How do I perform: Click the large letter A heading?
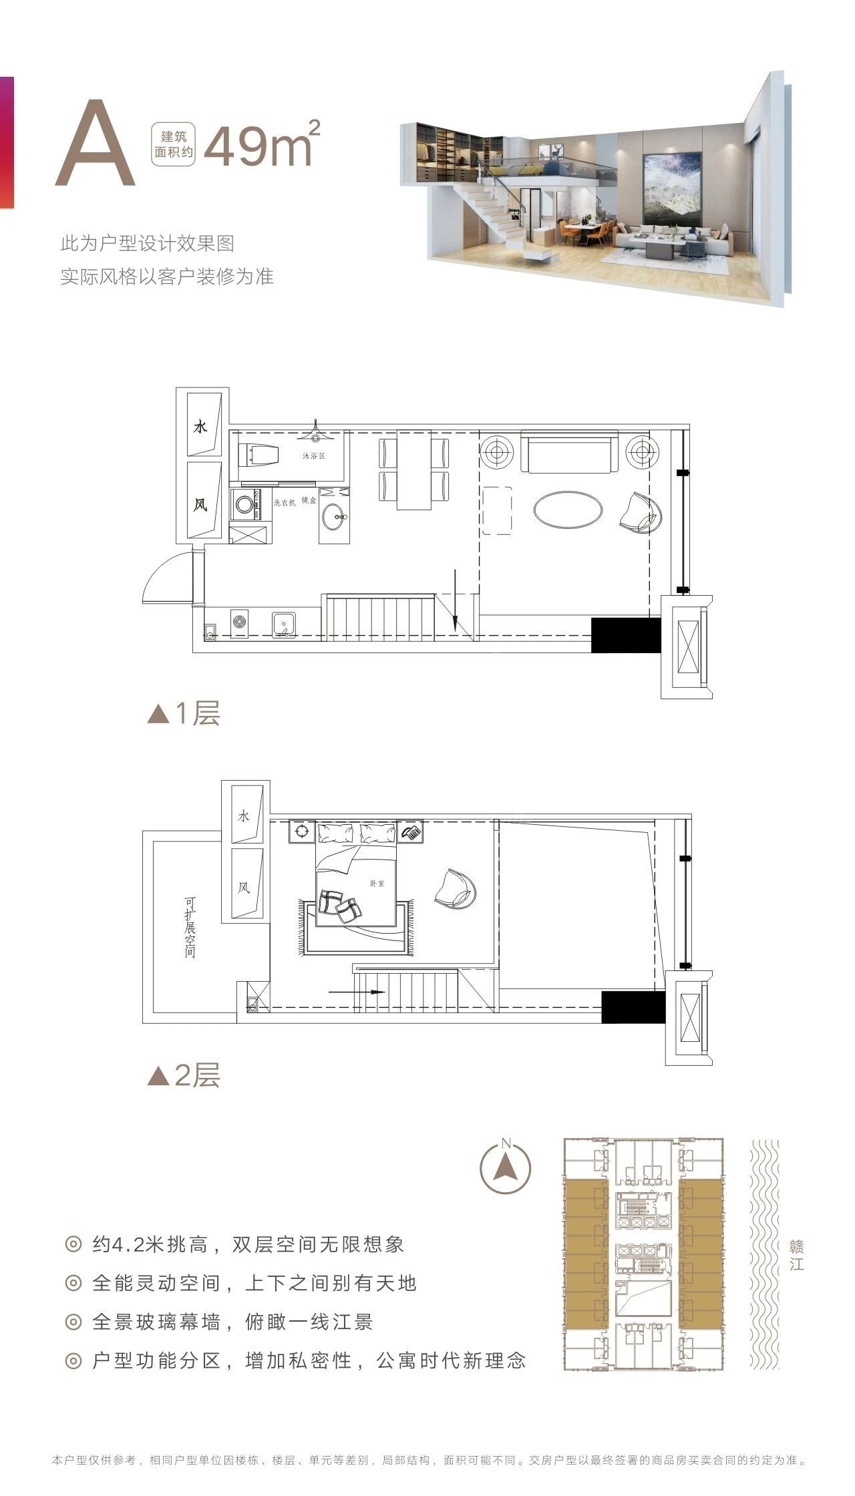click(96, 143)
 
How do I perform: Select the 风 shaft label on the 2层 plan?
click(244, 888)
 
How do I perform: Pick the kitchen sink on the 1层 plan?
click(285, 624)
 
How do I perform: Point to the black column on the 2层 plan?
click(633, 1007)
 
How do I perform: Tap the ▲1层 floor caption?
click(184, 714)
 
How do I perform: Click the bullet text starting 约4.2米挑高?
click(248, 1244)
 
